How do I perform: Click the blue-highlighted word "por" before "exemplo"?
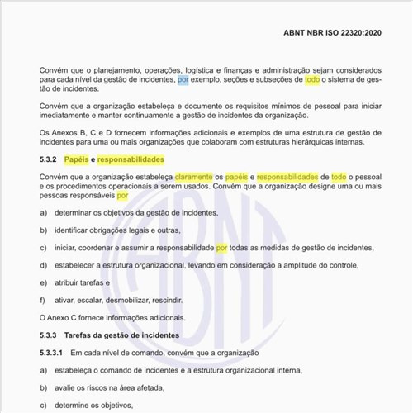(x=183, y=81)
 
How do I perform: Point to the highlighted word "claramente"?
(x=193, y=177)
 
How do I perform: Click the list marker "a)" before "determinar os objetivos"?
(x=43, y=212)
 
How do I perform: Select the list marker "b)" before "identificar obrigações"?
(x=43, y=230)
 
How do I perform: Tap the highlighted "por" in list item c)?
(x=221, y=248)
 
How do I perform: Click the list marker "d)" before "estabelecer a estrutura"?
(x=43, y=265)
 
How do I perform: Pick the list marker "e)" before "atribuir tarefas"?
(x=43, y=282)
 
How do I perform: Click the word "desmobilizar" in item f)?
(x=128, y=300)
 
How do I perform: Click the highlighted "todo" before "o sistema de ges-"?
(x=311, y=81)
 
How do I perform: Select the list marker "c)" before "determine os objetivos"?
(x=43, y=406)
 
